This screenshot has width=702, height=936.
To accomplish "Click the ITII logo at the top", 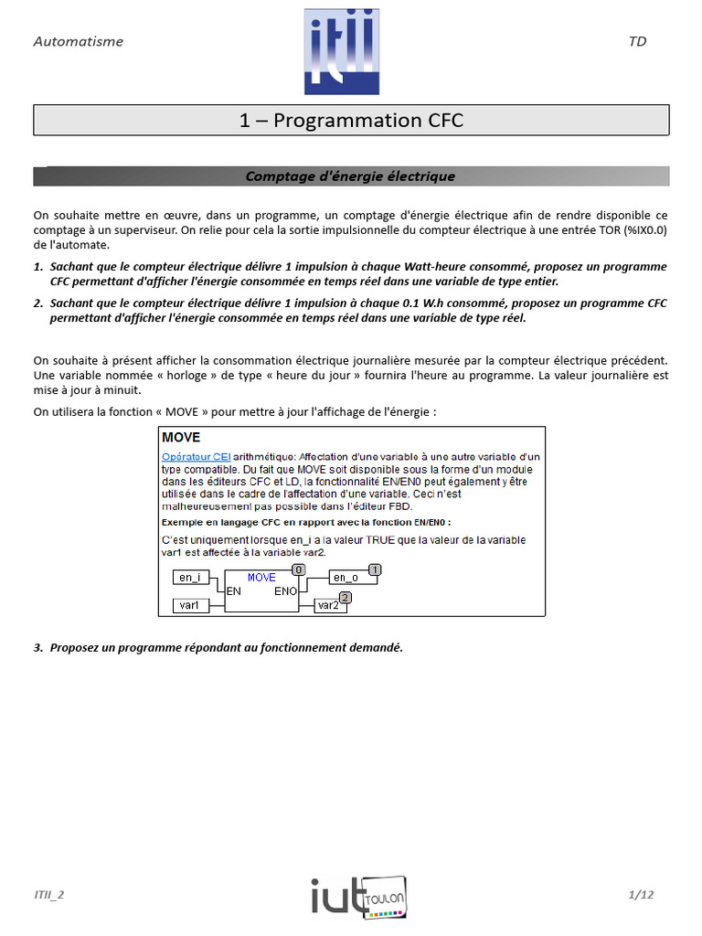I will (x=341, y=51).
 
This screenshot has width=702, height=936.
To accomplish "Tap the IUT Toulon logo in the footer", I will (x=357, y=895).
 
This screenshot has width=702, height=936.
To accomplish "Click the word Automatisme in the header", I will (x=78, y=41).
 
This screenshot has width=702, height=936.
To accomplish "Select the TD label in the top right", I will (x=637, y=41).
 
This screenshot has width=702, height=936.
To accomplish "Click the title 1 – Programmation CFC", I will (x=351, y=120).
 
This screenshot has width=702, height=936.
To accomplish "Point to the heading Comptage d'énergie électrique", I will (x=351, y=176).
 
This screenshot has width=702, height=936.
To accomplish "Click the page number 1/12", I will (x=642, y=895).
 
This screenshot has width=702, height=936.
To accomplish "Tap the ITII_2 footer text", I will (x=49, y=895).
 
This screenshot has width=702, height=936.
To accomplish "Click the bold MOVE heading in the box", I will (x=181, y=438).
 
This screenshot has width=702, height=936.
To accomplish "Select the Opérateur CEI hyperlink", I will (x=196, y=456).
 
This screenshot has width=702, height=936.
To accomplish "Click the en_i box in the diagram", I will (x=190, y=578).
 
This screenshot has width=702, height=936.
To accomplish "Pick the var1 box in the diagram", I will (x=190, y=605).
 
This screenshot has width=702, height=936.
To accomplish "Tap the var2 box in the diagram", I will (x=328, y=605).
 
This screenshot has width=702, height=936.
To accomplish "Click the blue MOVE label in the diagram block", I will (x=261, y=578).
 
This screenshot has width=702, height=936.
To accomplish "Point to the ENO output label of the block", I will (x=286, y=591).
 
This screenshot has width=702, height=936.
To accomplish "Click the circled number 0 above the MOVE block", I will (x=298, y=569).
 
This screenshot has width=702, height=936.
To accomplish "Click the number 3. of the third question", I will (x=38, y=647).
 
